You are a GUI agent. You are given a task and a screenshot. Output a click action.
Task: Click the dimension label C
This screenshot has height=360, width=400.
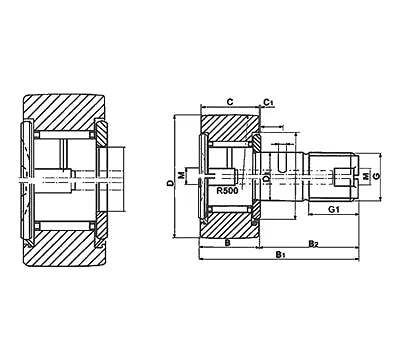point(230,102)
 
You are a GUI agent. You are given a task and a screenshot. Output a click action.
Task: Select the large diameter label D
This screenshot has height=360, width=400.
point(171,183)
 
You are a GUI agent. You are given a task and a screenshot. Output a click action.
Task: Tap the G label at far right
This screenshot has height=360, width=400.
point(378,176)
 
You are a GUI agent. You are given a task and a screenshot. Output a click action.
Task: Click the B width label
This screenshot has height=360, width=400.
point(228,242)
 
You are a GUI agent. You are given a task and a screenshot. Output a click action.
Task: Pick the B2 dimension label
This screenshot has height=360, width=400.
point(313,242)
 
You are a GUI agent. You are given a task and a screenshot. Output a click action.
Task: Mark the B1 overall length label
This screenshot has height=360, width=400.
point(281,257)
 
